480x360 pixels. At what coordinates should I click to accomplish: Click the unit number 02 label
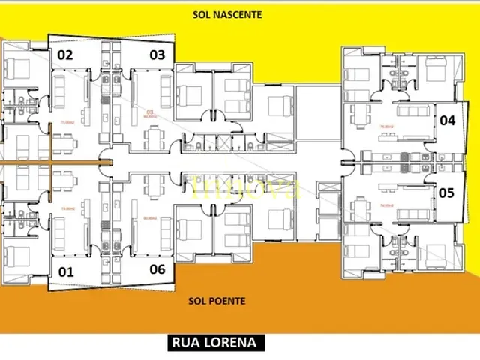coord(65,55)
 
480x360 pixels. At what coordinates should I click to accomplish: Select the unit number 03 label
coord(157,55)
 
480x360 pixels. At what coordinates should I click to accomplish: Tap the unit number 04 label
coord(447,120)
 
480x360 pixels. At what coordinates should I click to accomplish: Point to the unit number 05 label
coord(447,193)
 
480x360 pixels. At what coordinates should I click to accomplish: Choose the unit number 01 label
coord(65,271)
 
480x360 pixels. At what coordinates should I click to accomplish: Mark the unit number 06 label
coord(157,270)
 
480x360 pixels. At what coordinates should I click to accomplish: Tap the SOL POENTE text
coord(217,301)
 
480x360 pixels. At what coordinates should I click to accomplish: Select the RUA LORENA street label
coord(214,343)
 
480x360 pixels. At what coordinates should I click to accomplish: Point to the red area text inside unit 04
coord(388,126)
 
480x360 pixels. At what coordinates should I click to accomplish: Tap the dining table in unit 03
coord(155,138)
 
